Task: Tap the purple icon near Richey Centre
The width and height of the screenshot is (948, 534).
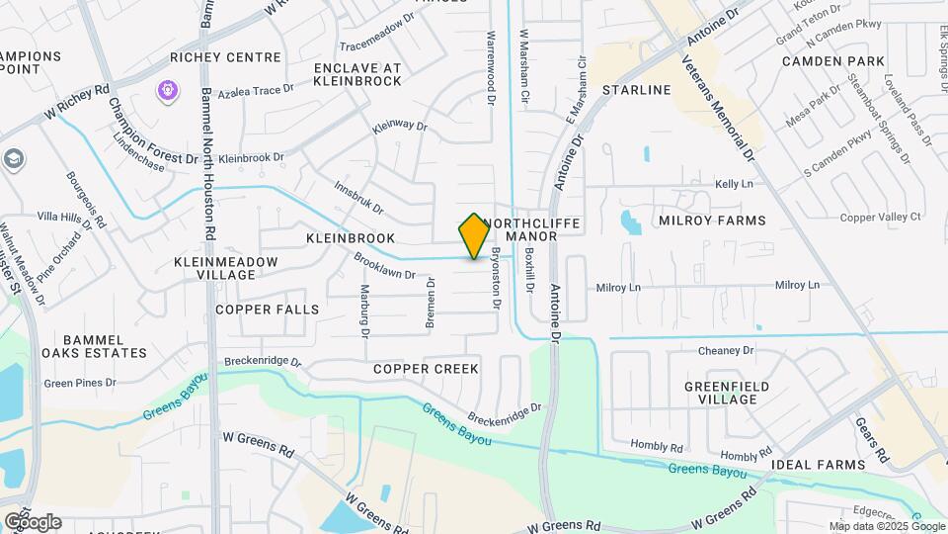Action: (169, 91)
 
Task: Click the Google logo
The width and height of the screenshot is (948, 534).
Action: (33, 521)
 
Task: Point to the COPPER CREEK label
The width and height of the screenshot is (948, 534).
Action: (426, 369)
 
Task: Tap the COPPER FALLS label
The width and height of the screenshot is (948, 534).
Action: (268, 310)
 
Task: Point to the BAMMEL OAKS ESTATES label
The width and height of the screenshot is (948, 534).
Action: (94, 345)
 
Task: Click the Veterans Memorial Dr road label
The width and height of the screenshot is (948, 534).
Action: (718, 109)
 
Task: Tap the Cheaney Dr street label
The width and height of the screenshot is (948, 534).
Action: (726, 350)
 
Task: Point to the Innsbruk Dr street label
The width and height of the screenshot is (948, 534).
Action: (358, 197)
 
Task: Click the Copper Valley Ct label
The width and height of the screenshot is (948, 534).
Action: (880, 217)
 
